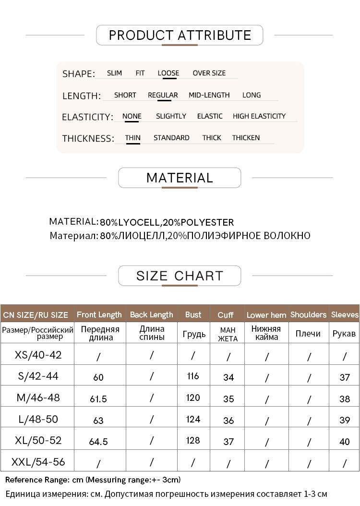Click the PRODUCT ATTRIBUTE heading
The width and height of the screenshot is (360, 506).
[180, 35]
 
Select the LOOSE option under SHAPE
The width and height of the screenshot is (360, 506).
[168, 73]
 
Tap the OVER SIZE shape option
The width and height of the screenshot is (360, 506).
[209, 73]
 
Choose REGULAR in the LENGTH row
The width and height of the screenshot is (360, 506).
[163, 95]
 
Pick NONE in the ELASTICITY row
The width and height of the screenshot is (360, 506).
[132, 116]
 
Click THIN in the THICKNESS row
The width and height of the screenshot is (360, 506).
[133, 138]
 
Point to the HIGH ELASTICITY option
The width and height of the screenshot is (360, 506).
[259, 116]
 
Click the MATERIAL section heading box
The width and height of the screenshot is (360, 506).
[180, 178]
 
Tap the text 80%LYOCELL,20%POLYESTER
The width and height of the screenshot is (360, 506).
[167, 222]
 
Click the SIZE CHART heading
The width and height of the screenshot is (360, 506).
[180, 276]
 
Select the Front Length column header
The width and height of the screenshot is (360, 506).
[99, 315]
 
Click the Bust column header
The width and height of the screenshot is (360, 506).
[193, 315]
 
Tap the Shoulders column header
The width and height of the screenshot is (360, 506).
[308, 315]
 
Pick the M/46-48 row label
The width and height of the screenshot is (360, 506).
[38, 398]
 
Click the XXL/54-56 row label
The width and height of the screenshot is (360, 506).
[38, 462]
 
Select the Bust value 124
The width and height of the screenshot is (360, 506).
[193, 419]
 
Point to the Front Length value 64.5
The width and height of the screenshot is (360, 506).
[98, 442]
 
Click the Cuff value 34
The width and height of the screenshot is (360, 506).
[228, 377]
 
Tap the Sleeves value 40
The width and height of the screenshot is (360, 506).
[345, 442]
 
